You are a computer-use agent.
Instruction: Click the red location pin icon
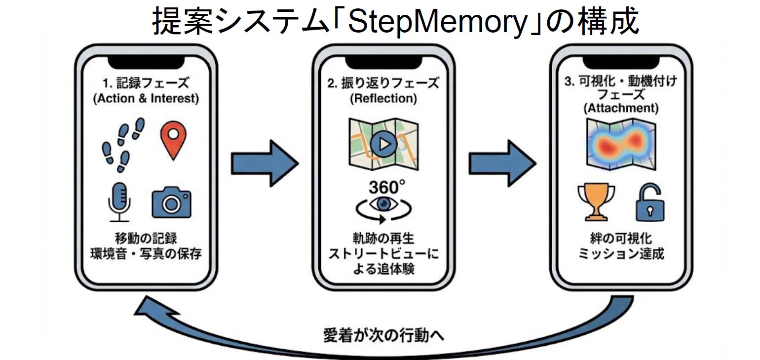tap(173, 140)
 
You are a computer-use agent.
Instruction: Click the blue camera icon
tap(171, 202)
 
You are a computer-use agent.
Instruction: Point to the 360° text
tap(386, 188)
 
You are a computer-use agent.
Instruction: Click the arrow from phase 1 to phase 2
tap(265, 163)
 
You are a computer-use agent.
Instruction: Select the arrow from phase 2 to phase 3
tap(502, 163)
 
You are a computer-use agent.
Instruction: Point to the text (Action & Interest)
tap(146, 98)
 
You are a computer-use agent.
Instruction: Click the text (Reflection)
tap(383, 98)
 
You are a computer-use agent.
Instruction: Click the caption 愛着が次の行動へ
tap(383, 335)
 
